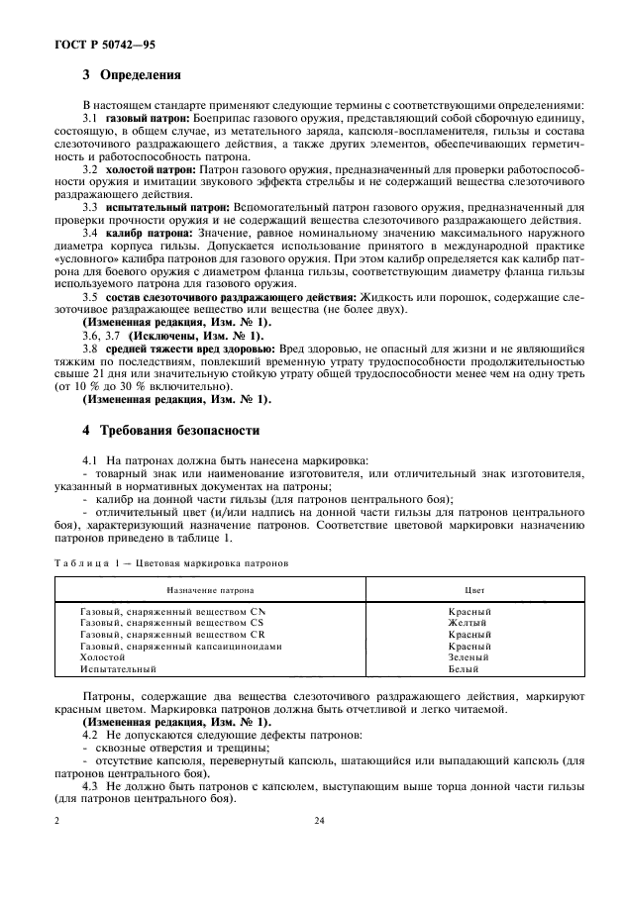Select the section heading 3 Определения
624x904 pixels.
[x=130, y=74]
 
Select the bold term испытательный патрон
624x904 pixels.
[x=160, y=206]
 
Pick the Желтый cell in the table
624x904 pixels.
[x=468, y=623]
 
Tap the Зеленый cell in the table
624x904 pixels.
[x=468, y=656]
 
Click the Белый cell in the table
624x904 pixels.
[x=468, y=669]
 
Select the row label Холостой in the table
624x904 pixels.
[x=102, y=656]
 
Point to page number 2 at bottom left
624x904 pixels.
[x=57, y=822]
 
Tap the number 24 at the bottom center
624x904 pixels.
[x=319, y=822]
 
